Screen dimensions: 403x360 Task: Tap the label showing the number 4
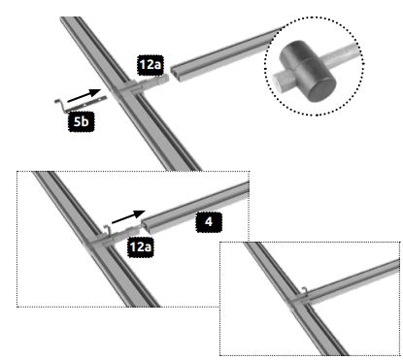(x=209, y=222)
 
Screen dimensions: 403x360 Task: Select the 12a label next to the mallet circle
(x=151, y=65)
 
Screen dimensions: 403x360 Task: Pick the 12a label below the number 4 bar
(x=140, y=247)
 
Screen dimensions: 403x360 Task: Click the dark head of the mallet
(x=308, y=71)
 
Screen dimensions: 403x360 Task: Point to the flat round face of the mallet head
(x=321, y=86)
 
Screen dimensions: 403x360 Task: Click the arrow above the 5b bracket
(x=84, y=95)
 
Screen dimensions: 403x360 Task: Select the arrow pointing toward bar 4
(x=128, y=216)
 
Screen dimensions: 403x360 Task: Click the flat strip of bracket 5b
(x=86, y=105)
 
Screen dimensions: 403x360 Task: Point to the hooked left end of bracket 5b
(x=59, y=104)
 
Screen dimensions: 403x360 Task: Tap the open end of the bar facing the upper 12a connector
(x=175, y=75)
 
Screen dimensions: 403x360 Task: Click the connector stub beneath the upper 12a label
(x=153, y=82)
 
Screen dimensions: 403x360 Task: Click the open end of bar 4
(x=146, y=227)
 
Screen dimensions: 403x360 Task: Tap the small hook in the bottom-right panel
(x=304, y=291)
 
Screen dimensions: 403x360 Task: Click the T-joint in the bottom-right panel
(x=298, y=302)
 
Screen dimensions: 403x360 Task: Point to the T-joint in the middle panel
(x=98, y=242)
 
